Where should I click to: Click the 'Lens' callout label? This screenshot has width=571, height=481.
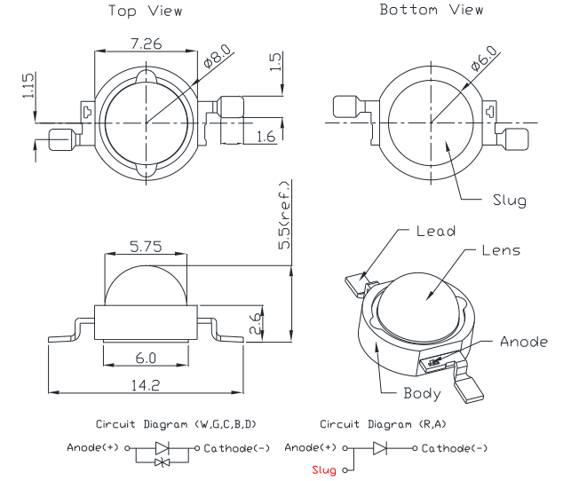[x=501, y=251]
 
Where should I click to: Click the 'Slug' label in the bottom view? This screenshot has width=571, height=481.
[x=509, y=201]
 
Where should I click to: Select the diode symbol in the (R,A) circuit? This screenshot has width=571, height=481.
[x=380, y=448]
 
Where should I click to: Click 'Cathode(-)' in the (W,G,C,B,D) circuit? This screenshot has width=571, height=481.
[x=237, y=447]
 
